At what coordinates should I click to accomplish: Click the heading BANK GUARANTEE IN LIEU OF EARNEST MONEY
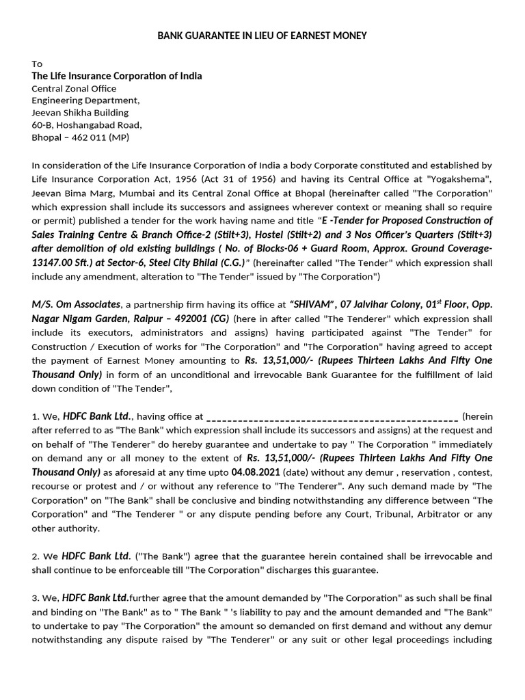(262, 35)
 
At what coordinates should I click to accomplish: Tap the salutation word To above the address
(37, 64)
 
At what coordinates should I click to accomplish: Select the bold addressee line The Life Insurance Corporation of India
(117, 76)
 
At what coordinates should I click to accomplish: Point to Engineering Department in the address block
(85, 100)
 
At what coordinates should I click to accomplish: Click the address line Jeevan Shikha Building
(80, 113)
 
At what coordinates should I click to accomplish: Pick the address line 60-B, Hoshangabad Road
(87, 125)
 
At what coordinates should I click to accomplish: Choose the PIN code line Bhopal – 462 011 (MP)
(80, 137)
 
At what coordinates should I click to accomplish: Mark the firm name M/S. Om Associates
(76, 304)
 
